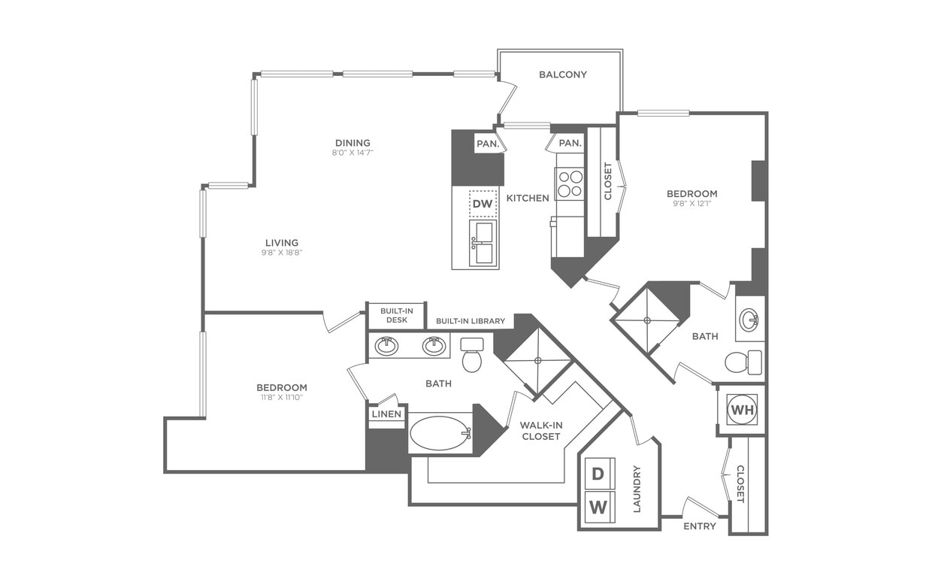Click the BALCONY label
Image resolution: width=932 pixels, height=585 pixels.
pos(562,74)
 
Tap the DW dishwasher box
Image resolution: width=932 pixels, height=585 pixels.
pos(482,204)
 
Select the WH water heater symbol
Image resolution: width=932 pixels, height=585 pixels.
pos(742,411)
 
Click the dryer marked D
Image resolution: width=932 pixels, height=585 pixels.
pos(599,474)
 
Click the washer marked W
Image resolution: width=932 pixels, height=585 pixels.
pos(599,507)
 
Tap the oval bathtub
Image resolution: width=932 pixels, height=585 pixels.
pos(440,434)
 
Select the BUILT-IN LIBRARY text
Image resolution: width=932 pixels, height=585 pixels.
pos(471,321)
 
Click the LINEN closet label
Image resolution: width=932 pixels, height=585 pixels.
pos(387,414)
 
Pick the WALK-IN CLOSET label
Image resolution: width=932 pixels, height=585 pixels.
pos(540,430)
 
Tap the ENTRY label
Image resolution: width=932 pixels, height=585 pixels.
pos(699,526)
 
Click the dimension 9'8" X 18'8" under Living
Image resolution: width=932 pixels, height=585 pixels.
pos(282,253)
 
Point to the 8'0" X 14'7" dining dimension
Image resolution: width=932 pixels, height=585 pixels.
pos(353,153)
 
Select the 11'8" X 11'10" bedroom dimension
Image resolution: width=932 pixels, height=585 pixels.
pos(282,399)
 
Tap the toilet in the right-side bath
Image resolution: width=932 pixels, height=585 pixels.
pos(744,362)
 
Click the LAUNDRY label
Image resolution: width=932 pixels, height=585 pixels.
pos(637,489)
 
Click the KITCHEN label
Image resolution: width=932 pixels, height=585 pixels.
pos(528,198)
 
